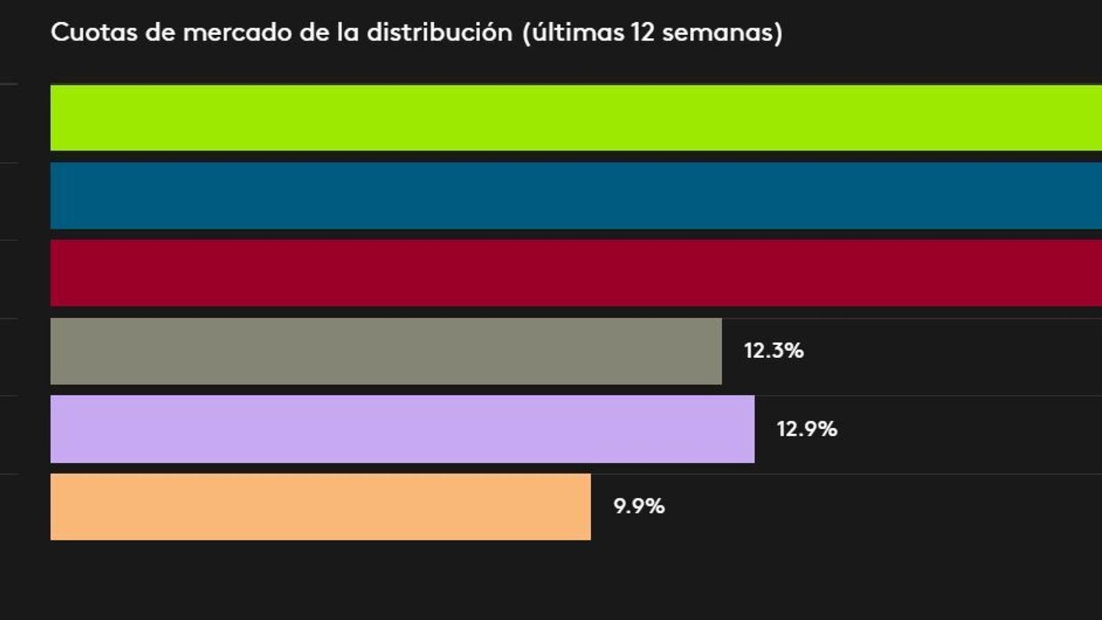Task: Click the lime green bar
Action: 576,118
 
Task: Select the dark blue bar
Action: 576,196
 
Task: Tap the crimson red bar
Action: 576,273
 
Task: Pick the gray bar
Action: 386,351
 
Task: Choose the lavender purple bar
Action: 402,428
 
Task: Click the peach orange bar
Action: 320,507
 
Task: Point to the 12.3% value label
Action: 773,351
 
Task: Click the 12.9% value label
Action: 807,429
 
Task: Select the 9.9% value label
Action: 638,506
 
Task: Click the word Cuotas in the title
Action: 94,32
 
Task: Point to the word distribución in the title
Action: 439,32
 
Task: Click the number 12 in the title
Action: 642,32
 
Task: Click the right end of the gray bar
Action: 719,351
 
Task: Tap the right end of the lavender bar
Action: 752,428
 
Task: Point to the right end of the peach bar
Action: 588,507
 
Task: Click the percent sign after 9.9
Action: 654,506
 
